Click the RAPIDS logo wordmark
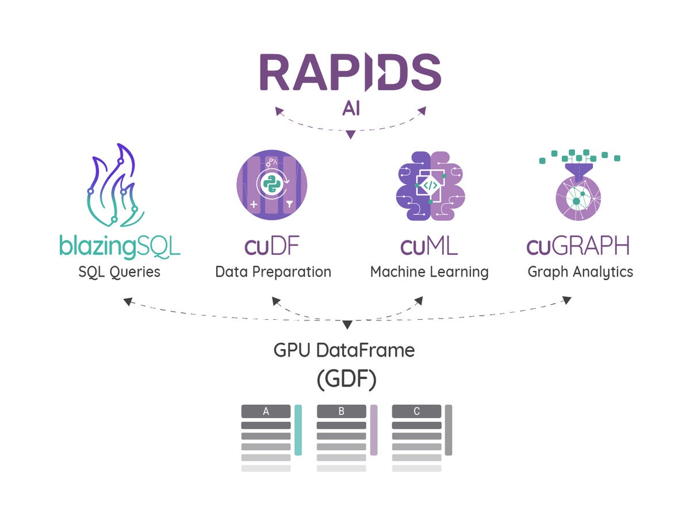[x=351, y=72]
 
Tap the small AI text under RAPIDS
[x=351, y=109]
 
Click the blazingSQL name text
[x=120, y=247]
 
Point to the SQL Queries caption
[x=120, y=272]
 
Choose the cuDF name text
[x=272, y=246]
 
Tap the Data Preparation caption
[x=273, y=272]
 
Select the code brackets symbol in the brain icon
[x=430, y=185]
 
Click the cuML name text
[x=429, y=246]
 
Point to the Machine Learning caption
[x=430, y=273]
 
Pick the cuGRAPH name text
[x=578, y=246]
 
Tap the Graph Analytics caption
[x=580, y=273]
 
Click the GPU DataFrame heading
[x=344, y=350]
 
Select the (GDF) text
[x=346, y=380]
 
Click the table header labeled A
[x=266, y=411]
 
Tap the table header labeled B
[x=342, y=411]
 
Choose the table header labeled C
[x=416, y=411]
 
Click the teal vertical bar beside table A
[x=298, y=430]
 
